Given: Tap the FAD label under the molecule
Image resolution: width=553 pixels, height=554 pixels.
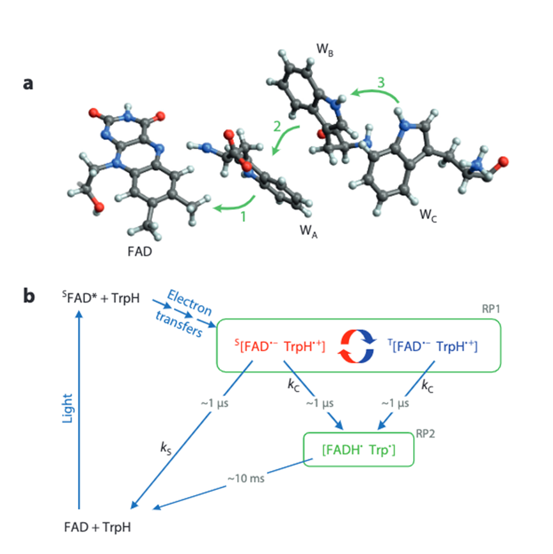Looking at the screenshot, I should (140, 251).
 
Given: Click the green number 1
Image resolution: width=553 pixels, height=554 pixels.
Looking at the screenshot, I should (242, 218).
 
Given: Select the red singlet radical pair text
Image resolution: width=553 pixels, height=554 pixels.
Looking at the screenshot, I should (282, 346).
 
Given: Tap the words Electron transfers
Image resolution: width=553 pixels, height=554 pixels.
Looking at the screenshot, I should (187, 315).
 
